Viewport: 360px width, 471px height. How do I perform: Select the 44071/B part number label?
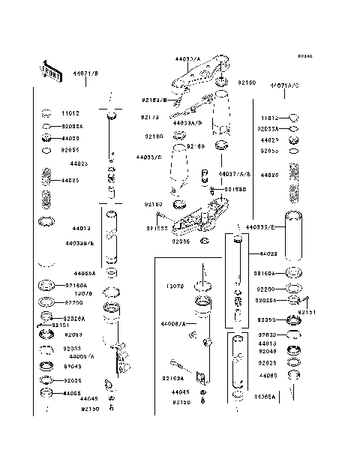[85, 73]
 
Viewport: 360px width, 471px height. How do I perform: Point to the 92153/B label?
[154, 99]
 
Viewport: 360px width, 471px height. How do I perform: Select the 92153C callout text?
[235, 189]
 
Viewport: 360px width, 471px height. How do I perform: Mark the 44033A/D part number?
[185, 121]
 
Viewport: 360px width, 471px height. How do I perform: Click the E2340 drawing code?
[304, 56]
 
